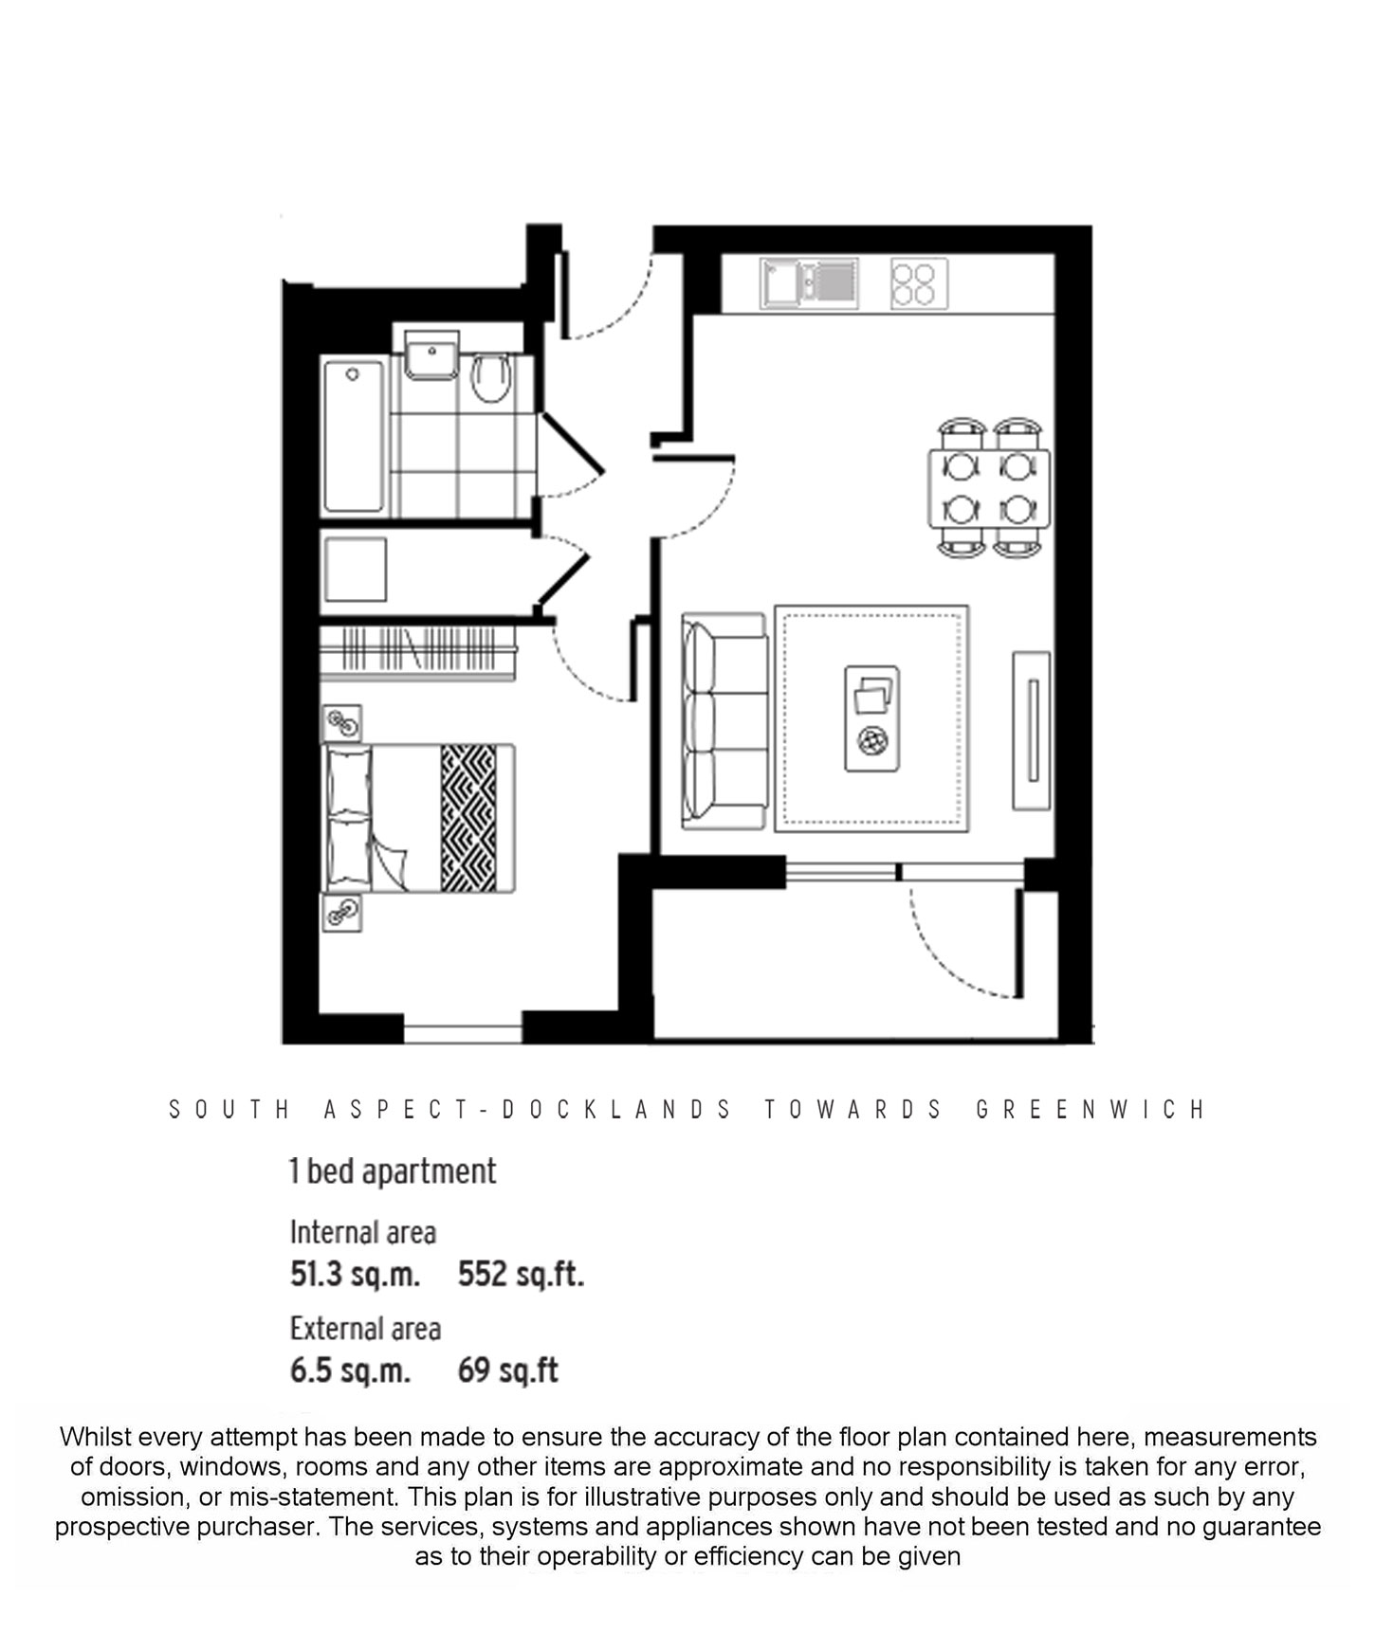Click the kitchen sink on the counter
click(x=809, y=282)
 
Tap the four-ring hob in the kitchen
click(x=918, y=283)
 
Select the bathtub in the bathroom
click(x=353, y=435)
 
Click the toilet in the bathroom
click(x=490, y=378)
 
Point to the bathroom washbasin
click(x=431, y=356)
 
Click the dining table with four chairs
click(x=989, y=488)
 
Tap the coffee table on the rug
click(x=871, y=717)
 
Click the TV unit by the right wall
click(x=1032, y=730)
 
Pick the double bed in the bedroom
click(x=420, y=818)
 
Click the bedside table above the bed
click(x=341, y=724)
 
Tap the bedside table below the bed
click(x=341, y=913)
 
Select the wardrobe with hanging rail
click(x=417, y=651)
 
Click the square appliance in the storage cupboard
click(x=355, y=570)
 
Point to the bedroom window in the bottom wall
click(x=463, y=1028)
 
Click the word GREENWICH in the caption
click(x=1091, y=1109)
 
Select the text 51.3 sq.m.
click(x=355, y=1274)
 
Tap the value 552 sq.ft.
click(x=521, y=1274)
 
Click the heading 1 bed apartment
click(x=393, y=1171)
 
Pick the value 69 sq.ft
click(x=508, y=1370)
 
